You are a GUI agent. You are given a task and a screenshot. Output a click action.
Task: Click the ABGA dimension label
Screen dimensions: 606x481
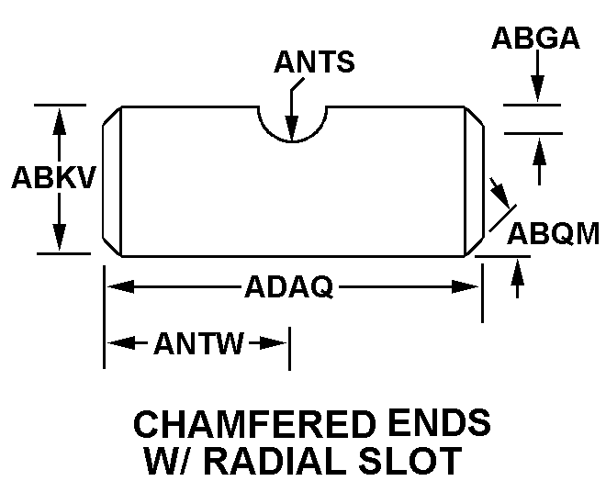point(535,38)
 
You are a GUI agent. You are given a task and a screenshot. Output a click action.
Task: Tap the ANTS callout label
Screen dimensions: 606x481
point(314,62)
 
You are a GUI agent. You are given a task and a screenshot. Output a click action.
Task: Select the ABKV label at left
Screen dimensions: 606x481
point(53,178)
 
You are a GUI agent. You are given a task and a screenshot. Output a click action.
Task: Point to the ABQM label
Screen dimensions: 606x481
point(553,234)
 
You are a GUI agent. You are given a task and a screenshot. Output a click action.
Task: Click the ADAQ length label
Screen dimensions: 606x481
point(289,286)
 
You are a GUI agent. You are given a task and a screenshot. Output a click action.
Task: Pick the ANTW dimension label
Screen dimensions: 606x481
point(199,343)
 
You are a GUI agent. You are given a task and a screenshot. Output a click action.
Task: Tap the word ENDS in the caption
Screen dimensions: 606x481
point(440,423)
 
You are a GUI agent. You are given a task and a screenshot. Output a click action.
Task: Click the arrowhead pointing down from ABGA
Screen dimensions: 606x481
point(537,89)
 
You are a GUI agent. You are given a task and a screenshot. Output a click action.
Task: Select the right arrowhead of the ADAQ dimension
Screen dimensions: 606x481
point(466,286)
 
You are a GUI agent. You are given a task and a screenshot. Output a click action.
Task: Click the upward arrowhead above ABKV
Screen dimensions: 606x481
point(59,122)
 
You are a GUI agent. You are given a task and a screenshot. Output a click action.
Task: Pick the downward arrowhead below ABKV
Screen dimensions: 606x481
point(59,237)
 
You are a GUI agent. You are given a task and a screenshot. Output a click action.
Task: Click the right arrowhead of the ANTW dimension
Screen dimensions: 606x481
point(273,343)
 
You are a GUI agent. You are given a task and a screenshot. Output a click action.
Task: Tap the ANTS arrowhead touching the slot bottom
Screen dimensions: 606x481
point(292,128)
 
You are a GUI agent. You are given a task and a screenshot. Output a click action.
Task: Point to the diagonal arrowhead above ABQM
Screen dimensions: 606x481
point(501,194)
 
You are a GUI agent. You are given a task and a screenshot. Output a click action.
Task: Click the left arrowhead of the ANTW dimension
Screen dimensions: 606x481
point(121,343)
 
